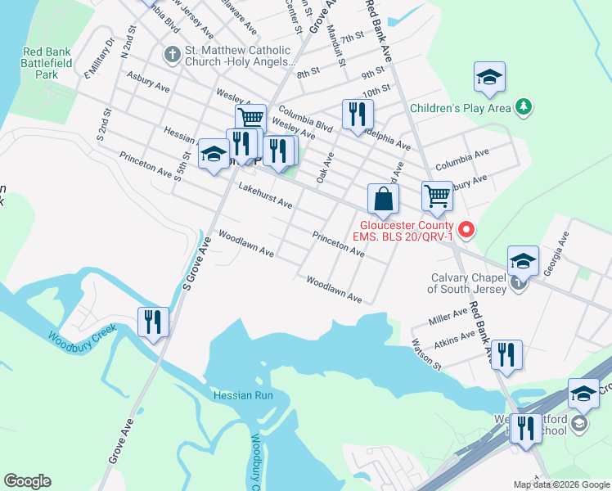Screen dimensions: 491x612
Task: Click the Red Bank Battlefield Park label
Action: (47, 63)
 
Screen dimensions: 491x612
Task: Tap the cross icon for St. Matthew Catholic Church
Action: (172, 56)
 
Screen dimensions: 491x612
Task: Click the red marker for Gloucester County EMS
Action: (466, 230)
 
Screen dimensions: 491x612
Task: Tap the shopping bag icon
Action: (383, 199)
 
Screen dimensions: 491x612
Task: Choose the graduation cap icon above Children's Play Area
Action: (488, 79)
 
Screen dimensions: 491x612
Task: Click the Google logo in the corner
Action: (27, 481)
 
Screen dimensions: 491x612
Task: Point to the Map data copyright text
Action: (561, 484)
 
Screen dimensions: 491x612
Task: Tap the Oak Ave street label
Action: (326, 167)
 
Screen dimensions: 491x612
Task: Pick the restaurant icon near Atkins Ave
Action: (506, 355)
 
